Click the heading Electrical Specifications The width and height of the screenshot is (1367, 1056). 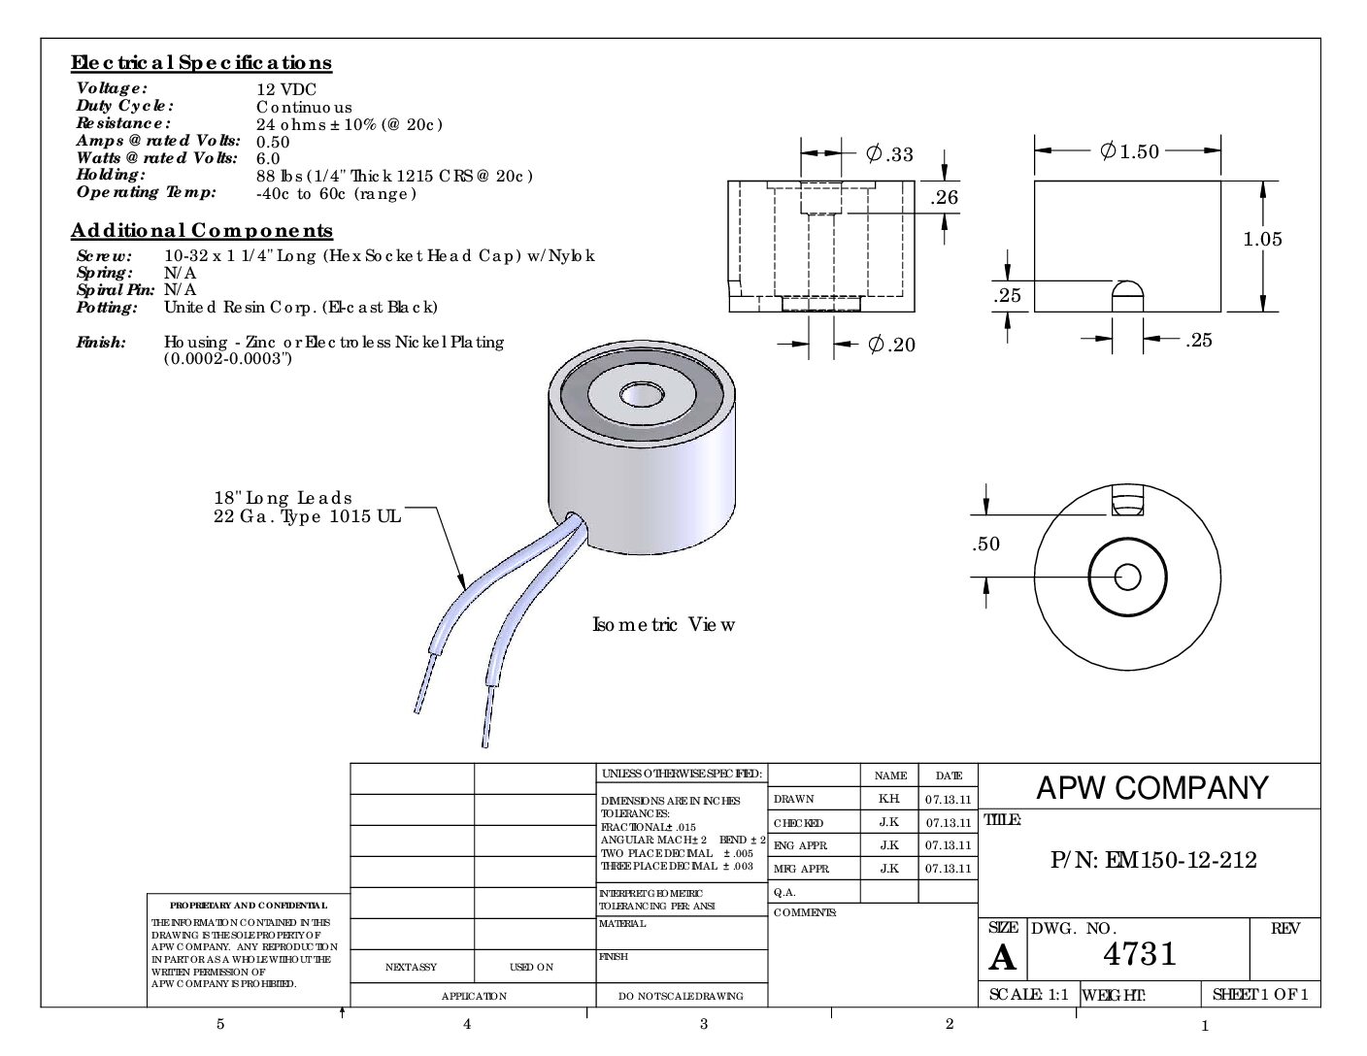point(201,63)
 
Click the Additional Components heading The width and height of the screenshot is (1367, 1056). point(202,231)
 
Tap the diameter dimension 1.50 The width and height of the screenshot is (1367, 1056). point(1129,151)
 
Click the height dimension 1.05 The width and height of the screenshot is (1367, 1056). point(1262,239)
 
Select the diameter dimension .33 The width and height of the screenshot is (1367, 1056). point(889,154)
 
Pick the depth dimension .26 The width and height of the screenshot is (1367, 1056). point(944,198)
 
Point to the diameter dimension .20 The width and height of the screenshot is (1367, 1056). point(891,345)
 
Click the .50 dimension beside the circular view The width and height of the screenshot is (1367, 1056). point(985,544)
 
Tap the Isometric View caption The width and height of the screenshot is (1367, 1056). point(663,624)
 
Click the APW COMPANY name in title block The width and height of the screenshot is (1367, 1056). point(1151,788)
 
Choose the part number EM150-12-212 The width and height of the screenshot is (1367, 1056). point(1153,860)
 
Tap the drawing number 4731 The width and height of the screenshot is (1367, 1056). point(1140,954)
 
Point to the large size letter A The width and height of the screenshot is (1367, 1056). point(1002,958)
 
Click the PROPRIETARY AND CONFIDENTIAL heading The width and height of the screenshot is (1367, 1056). point(248,906)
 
